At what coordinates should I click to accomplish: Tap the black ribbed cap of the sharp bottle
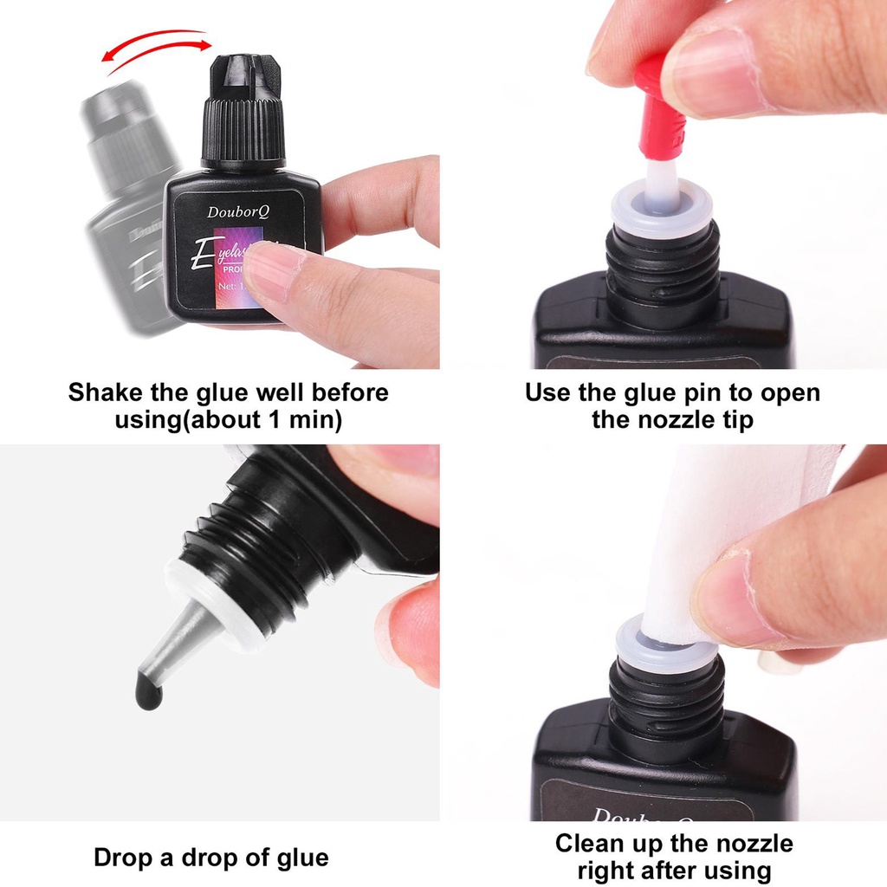point(243,130)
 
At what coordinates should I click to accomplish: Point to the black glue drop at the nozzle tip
point(149,690)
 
